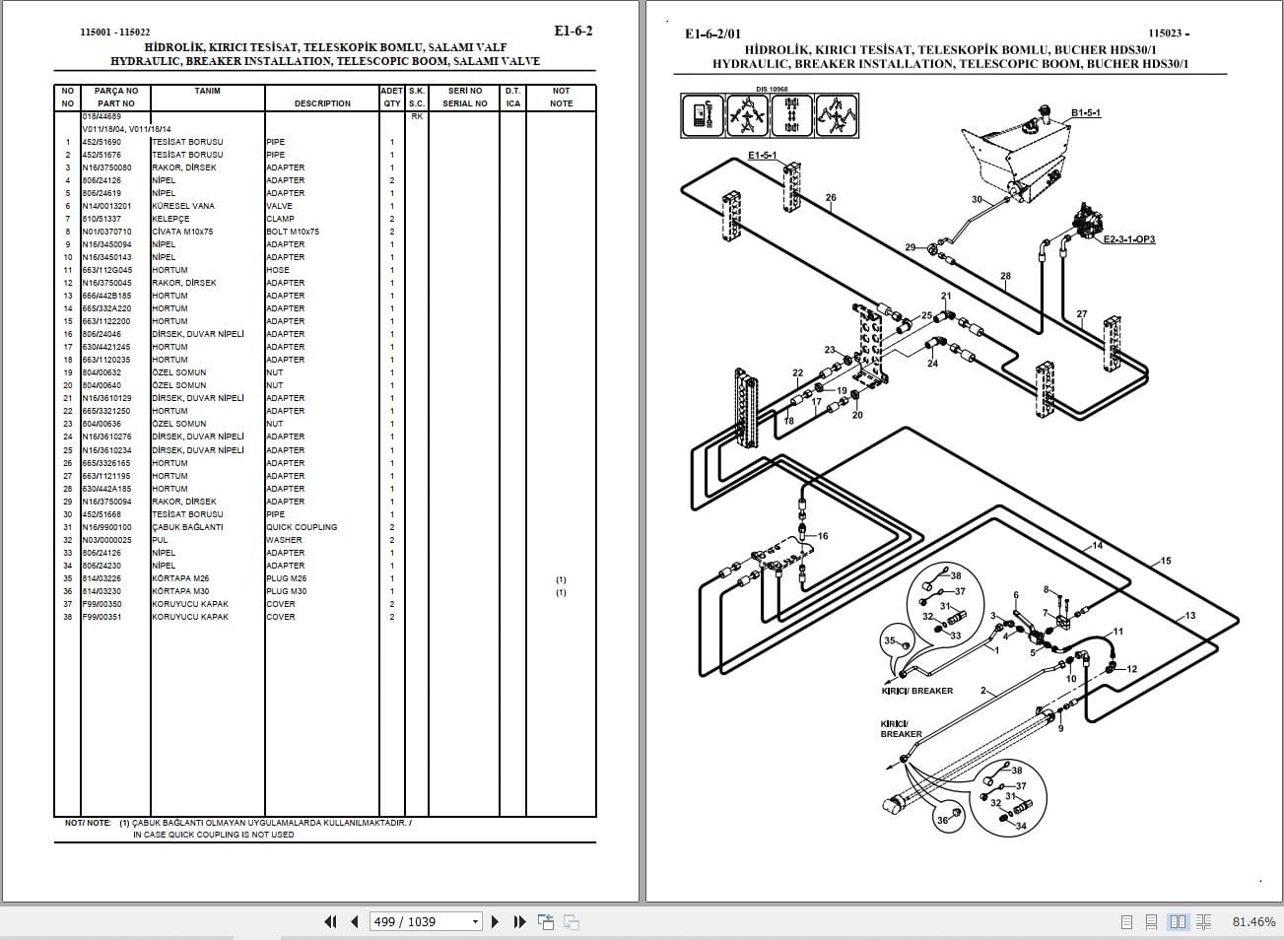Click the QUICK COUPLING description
point(301,527)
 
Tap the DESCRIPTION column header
point(321,103)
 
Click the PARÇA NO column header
point(115,91)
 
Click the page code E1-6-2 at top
point(573,31)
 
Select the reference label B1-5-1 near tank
point(1085,113)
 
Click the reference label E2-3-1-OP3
point(1128,239)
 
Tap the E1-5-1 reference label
point(762,156)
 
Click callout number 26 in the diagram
point(831,198)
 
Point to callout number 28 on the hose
point(1005,276)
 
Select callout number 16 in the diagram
point(823,536)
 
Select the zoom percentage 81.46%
point(1253,921)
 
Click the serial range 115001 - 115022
point(115,33)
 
